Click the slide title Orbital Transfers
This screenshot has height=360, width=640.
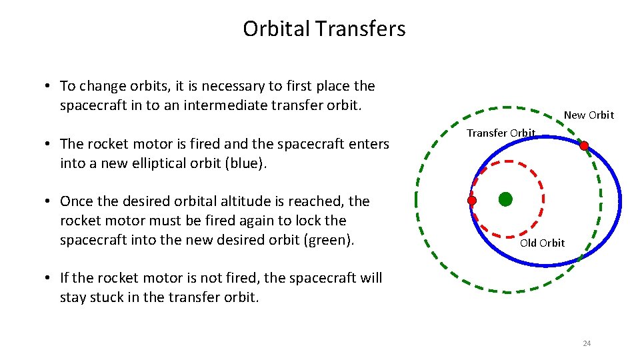324,29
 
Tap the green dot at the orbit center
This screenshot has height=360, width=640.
505,199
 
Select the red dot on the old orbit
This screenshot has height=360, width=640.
472,200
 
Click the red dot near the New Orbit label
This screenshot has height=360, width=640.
584,145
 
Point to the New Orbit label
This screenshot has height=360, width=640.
589,115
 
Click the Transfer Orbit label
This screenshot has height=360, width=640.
501,133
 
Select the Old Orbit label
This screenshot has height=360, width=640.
542,243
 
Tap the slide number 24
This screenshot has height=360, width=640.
587,343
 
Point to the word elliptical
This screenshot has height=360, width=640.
173,163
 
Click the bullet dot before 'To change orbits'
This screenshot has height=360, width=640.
50,87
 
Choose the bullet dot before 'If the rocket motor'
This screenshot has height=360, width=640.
50,279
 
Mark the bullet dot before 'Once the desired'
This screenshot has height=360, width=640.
50,202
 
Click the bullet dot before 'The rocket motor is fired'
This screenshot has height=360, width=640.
50,145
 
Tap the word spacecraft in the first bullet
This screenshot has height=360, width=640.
92,105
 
